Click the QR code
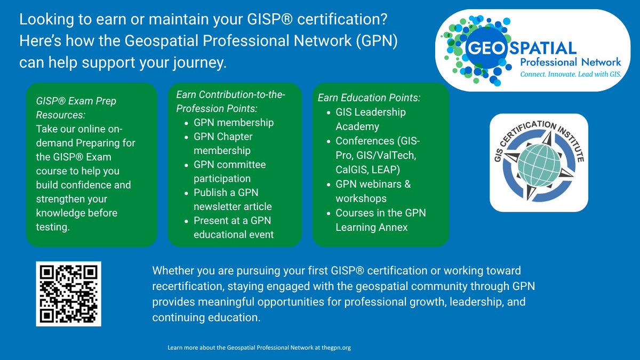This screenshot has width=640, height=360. coord(69,294)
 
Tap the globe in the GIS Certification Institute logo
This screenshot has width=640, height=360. coord(539,165)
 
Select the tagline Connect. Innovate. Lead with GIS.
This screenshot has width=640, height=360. coord(571,74)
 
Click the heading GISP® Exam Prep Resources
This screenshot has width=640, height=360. coord(76,108)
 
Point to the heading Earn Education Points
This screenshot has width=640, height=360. coord(369,98)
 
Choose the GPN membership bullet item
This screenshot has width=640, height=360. coord(234,123)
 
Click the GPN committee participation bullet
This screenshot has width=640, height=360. coord(229,171)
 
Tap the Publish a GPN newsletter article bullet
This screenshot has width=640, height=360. coord(233,199)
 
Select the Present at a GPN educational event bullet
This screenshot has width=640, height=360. coord(234,227)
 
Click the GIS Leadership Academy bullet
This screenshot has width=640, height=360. coord(371,119)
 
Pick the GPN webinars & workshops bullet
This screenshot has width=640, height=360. coord(373,191)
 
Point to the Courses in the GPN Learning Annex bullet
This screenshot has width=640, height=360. coord(381,220)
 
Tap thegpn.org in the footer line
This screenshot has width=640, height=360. coord(336,348)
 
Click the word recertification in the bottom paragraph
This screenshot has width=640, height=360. coord(187,286)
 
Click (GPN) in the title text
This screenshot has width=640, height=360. coord(377,41)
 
